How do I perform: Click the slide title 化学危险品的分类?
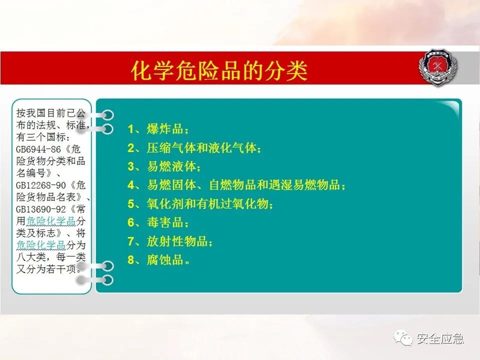tap(218, 71)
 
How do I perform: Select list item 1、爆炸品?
tap(158, 129)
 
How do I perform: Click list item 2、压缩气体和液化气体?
tap(194, 148)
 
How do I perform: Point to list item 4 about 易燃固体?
tap(236, 185)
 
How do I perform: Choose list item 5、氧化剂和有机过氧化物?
tap(201, 203)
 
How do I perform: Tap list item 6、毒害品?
tap(158, 222)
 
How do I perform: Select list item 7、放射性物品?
tap(170, 241)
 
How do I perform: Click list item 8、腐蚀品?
tap(158, 260)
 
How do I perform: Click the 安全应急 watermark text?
tap(440, 338)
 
